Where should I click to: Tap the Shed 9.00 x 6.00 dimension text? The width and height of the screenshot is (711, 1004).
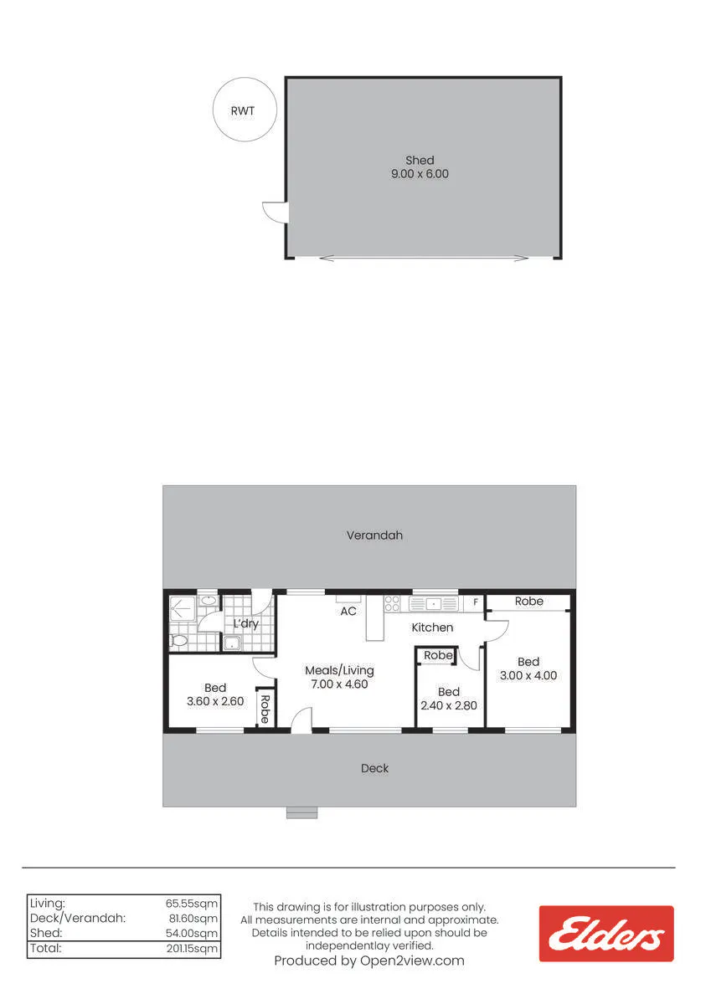pyautogui.click(x=420, y=174)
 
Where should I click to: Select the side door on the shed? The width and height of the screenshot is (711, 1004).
pyautogui.click(x=275, y=212)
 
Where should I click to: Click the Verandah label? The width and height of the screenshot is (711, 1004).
pyautogui.click(x=374, y=535)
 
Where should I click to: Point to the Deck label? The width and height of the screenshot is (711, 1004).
pyautogui.click(x=374, y=768)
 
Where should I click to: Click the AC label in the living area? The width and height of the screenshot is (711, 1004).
pyautogui.click(x=348, y=611)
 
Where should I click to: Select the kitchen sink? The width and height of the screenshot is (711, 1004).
pyautogui.click(x=433, y=603)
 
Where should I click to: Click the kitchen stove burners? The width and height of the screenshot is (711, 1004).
pyautogui.click(x=392, y=603)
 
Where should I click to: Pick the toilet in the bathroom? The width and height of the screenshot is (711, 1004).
pyautogui.click(x=178, y=642)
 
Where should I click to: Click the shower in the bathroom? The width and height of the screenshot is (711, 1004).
pyautogui.click(x=182, y=609)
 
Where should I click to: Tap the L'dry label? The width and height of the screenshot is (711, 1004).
pyautogui.click(x=246, y=623)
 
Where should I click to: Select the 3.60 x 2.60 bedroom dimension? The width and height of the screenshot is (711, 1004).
pyautogui.click(x=215, y=701)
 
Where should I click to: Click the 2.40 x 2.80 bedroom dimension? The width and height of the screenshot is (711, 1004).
pyautogui.click(x=449, y=705)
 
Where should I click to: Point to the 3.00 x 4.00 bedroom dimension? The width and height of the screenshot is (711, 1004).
pyautogui.click(x=528, y=675)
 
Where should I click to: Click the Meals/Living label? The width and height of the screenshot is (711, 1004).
pyautogui.click(x=339, y=670)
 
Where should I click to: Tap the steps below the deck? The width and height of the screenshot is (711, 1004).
pyautogui.click(x=301, y=812)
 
